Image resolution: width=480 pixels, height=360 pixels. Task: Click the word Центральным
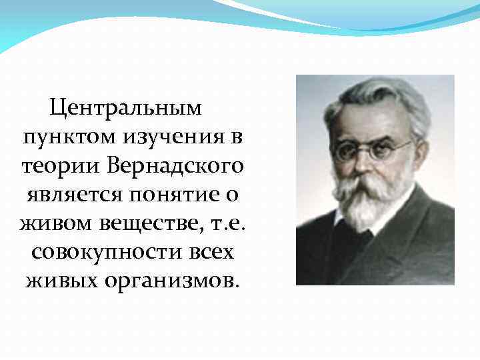(x=125, y=107)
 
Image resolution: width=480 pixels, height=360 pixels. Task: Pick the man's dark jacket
(x=413, y=253)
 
